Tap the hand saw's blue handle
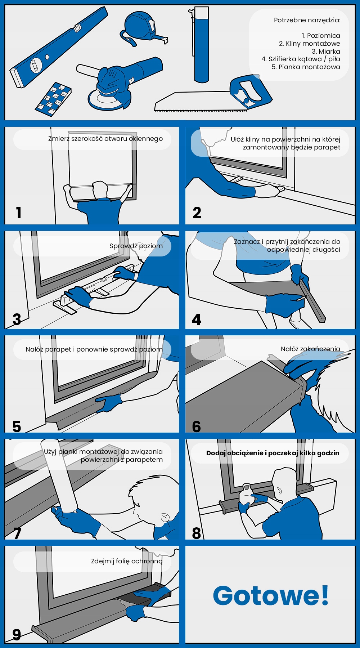click(x=251, y=91)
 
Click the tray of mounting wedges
click(x=53, y=99)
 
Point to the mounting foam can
click(x=200, y=45)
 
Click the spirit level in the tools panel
click(x=59, y=47)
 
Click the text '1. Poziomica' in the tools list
click(x=321, y=35)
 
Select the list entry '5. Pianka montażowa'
click(x=306, y=67)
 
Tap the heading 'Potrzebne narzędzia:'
click(x=307, y=20)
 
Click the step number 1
click(x=19, y=213)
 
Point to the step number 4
click(x=197, y=319)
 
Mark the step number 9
click(x=17, y=635)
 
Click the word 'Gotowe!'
click(x=271, y=595)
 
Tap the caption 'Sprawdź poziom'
click(x=136, y=246)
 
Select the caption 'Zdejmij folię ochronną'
click(x=127, y=561)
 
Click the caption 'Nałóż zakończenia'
click(x=310, y=349)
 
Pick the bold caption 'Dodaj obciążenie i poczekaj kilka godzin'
click(x=273, y=453)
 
